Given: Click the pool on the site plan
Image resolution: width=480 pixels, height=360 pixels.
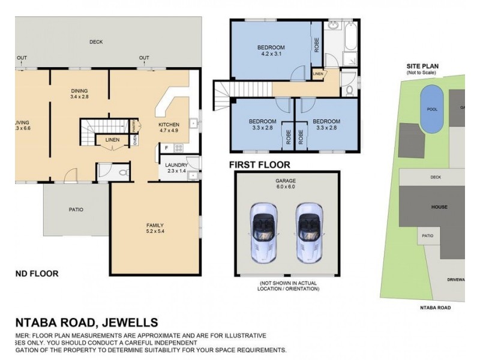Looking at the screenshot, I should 432,109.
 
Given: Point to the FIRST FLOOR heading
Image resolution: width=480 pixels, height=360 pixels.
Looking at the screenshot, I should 259,164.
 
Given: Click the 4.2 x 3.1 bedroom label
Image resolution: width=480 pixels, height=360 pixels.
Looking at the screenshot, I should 271,50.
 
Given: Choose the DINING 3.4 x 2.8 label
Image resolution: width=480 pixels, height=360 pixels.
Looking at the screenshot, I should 79,93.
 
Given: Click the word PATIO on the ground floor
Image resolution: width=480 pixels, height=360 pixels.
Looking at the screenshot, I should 76,209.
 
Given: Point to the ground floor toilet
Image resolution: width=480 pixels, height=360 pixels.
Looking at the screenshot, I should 122,172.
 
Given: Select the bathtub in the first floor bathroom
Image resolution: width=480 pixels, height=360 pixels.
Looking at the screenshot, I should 350,37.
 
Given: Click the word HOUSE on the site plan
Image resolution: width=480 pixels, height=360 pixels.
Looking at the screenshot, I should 439,207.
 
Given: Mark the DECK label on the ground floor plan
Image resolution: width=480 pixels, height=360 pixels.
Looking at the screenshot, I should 96,42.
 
